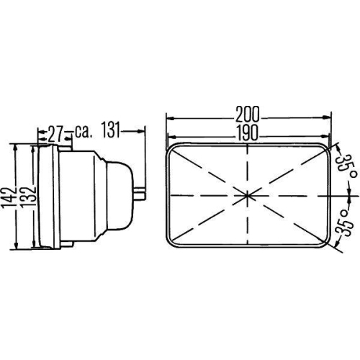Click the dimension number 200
pos(248,113)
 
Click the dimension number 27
pos(55,132)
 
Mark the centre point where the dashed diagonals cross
pos(248,195)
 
